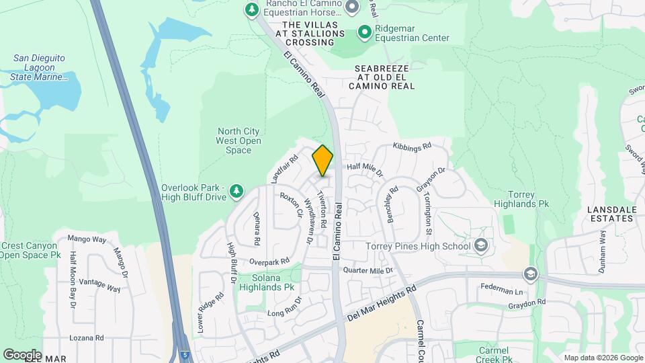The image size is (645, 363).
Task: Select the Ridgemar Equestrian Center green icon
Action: [x=365, y=32]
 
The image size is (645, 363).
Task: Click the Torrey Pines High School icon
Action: [x=480, y=246]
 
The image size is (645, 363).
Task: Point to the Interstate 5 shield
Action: [x=184, y=354]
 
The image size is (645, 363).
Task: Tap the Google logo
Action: [x=22, y=354]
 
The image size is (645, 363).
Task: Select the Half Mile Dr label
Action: [x=363, y=169]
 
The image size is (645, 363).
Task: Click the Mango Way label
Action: [x=87, y=239]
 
